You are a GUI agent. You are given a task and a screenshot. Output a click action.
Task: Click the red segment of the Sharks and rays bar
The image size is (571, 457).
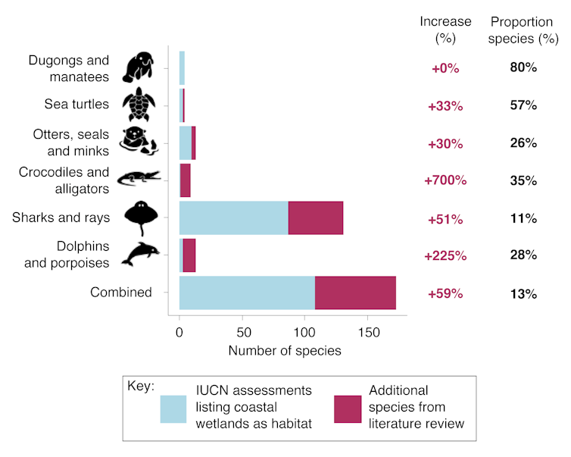pyautogui.click(x=316, y=218)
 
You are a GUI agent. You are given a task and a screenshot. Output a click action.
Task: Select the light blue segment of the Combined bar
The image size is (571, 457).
pyautogui.click(x=247, y=293)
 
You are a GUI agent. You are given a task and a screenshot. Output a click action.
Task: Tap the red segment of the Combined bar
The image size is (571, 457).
pyautogui.click(x=355, y=293)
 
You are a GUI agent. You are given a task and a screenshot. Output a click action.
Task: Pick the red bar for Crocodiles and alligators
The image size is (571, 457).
pyautogui.click(x=186, y=181)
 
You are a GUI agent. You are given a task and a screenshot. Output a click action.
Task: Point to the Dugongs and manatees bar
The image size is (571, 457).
pyautogui.click(x=182, y=68)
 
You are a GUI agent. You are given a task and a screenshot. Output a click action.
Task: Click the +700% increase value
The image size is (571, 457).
pyautogui.click(x=445, y=181)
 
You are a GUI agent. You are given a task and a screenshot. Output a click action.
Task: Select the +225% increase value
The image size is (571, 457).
pyautogui.click(x=445, y=256)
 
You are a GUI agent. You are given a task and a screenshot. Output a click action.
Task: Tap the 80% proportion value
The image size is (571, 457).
pyautogui.click(x=523, y=68)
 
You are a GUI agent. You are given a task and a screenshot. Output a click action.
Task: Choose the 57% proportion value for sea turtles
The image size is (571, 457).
pyautogui.click(x=523, y=105)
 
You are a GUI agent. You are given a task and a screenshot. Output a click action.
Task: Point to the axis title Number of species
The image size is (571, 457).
pyautogui.click(x=285, y=351)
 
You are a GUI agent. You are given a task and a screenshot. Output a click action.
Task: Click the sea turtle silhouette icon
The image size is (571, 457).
pyautogui.click(x=139, y=105)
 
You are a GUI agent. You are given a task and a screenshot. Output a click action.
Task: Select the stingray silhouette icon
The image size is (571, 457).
pyautogui.click(x=141, y=218)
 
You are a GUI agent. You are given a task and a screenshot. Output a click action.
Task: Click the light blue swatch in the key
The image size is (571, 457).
pyautogui.click(x=183, y=408)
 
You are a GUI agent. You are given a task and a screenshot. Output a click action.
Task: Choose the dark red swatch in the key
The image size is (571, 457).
pyautogui.click(x=348, y=408)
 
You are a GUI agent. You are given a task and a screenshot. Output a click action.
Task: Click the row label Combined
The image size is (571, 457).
pyautogui.click(x=121, y=293)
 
